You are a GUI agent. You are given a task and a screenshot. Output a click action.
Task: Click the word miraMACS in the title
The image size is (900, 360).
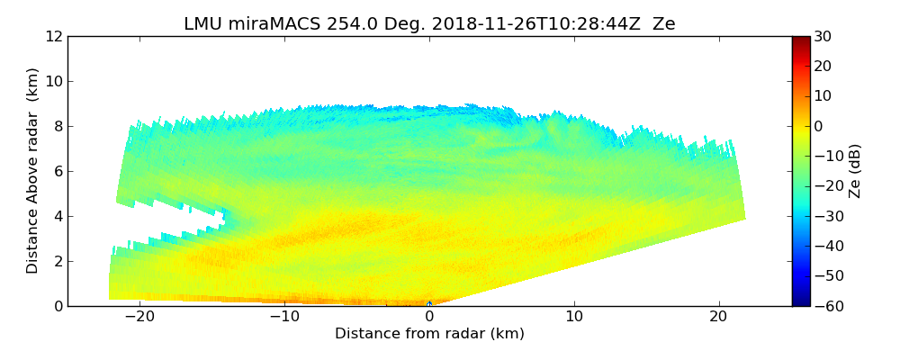click(268, 24)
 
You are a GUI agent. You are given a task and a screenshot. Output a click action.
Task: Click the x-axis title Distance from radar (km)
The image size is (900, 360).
click(429, 334)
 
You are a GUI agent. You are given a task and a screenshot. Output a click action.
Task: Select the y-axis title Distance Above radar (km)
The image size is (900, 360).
click(33, 170)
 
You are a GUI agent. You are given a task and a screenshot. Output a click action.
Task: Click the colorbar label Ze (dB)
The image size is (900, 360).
click(854, 170)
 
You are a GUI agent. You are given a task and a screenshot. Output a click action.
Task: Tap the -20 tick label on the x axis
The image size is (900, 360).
click(139, 317)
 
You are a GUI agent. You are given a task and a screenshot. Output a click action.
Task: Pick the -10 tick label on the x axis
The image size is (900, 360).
click(284, 317)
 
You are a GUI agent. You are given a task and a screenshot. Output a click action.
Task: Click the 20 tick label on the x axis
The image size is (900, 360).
click(718, 317)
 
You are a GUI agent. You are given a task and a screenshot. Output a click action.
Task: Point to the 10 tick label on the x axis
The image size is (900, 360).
click(574, 317)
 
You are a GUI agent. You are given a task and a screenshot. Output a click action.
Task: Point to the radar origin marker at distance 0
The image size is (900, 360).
click(429, 304)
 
